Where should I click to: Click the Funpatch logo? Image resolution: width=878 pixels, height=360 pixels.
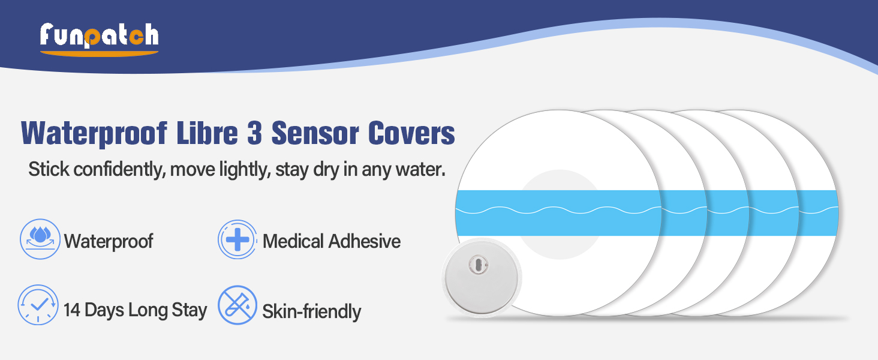[x=99, y=39]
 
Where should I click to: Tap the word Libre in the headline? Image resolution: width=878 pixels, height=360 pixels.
[x=208, y=133]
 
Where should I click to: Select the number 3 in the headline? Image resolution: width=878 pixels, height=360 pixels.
[x=255, y=133]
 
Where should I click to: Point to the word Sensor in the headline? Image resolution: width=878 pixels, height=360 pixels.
[x=315, y=133]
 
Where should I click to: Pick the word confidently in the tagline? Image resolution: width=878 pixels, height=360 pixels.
[x=119, y=169]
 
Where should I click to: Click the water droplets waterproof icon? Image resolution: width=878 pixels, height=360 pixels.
[x=40, y=239]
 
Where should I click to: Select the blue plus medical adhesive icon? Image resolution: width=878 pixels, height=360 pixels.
[x=237, y=239]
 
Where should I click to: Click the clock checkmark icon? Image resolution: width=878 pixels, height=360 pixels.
[x=38, y=305]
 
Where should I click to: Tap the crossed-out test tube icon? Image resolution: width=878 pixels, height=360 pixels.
[x=237, y=305]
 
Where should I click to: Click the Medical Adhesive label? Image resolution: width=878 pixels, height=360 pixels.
[x=332, y=241]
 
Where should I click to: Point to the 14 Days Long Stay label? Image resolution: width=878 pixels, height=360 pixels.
[x=135, y=310]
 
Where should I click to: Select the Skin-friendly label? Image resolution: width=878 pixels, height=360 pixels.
[x=312, y=312]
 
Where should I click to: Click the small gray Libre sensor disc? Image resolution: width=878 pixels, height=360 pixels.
[x=482, y=278]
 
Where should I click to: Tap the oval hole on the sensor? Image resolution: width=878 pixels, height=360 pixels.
[x=479, y=265]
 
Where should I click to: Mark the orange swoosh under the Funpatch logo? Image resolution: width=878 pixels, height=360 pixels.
[x=99, y=54]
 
